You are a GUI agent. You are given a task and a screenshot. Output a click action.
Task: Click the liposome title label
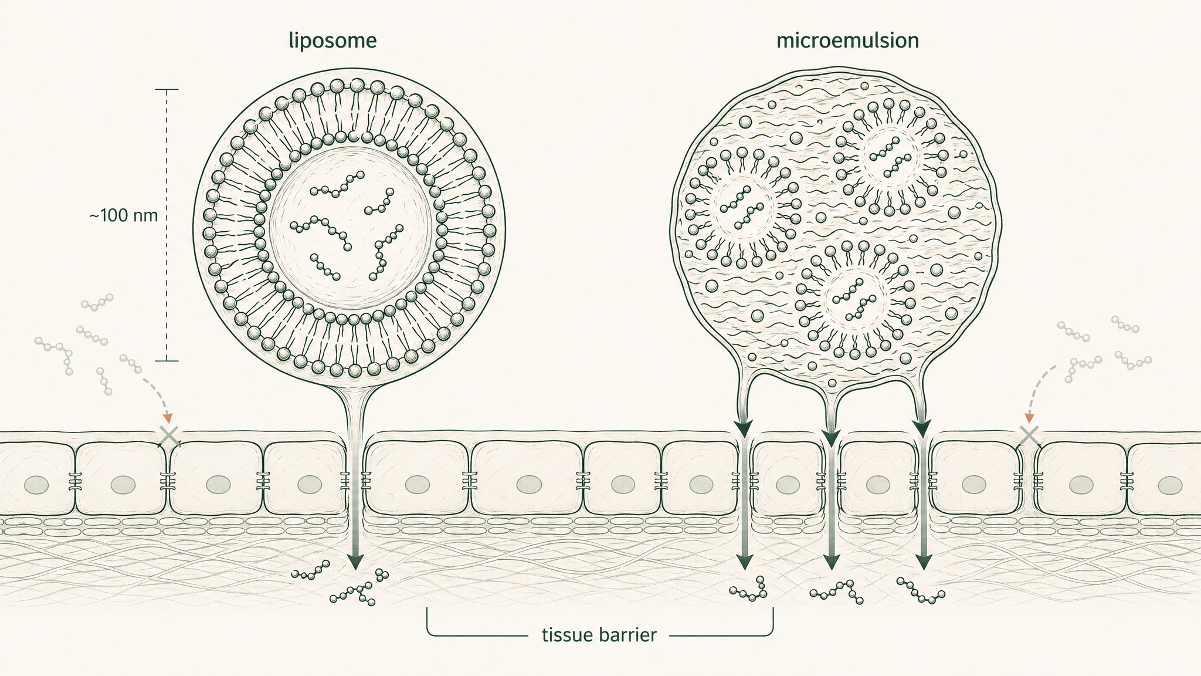333,42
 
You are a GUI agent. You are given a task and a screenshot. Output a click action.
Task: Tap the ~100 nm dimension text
124,215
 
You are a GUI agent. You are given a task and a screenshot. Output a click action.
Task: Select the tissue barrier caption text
599,635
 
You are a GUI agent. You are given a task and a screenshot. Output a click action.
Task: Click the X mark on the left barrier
169,435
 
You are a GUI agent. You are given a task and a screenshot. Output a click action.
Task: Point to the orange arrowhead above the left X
168,418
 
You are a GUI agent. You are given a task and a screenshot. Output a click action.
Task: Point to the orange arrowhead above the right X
1029,418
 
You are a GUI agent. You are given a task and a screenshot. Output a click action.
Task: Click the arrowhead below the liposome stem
354,562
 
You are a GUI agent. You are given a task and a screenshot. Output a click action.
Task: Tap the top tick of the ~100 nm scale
167,89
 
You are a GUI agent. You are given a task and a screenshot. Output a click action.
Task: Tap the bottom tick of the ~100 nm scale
167,360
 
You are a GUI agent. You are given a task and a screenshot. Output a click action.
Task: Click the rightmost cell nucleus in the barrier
1171,485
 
